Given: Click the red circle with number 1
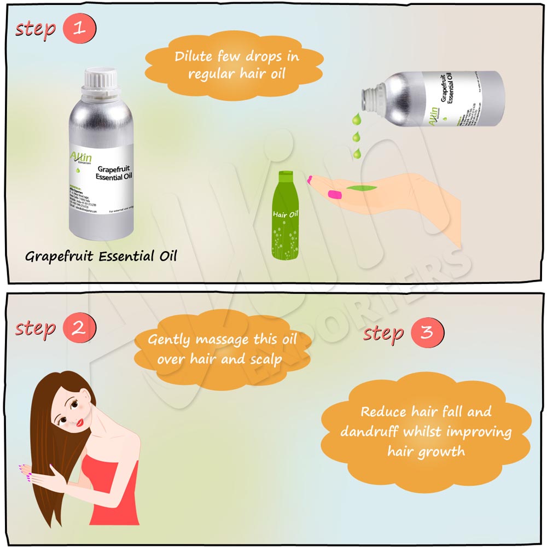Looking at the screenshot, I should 80,28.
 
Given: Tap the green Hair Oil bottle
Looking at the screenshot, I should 286,216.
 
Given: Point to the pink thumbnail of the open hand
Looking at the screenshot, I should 333,193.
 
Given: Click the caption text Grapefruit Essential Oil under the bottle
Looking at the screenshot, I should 101,256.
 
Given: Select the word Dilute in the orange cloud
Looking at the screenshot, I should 191,57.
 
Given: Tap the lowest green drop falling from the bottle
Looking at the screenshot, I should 357,154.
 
